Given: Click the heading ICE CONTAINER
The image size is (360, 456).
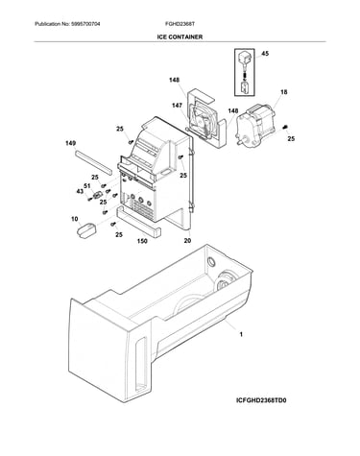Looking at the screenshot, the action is coord(180,37).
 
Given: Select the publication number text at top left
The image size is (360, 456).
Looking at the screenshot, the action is coord(67,24).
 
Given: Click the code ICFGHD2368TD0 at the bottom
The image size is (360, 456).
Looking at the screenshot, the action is coord(261,400).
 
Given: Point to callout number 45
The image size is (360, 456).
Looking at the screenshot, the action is coord(265,54).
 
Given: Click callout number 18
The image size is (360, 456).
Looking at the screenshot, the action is coord(284,92).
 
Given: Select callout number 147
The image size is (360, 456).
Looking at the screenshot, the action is coord(177,106).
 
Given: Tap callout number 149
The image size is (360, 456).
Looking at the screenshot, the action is coord(70,143).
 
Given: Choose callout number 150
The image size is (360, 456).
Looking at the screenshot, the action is coord(142,241).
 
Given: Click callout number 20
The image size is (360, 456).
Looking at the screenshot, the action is coord(187,240).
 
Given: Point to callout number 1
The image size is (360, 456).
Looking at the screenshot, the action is coord(241,334).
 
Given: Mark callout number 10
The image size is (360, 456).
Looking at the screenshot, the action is coord(74,219).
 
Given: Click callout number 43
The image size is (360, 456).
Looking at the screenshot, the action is coord(80,191).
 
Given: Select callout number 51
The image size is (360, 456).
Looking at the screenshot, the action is coord(87,186).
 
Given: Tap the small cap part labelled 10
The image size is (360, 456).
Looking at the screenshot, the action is coord(87,230).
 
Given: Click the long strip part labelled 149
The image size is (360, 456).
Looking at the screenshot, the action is coord(94,163).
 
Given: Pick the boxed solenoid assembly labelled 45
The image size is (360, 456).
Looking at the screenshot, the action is coord(245,72).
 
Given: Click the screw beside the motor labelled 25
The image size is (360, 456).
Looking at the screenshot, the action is coord(284,128).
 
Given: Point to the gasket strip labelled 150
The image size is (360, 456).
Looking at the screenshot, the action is coord(139,222).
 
